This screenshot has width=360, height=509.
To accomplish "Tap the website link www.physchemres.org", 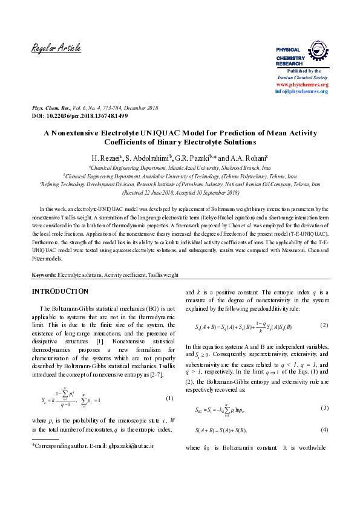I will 302,85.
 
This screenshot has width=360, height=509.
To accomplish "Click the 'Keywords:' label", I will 44,275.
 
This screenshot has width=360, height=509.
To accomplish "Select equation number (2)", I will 324,326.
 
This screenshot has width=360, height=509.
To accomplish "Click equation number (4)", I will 324,430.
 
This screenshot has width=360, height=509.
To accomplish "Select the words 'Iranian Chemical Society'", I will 302,78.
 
